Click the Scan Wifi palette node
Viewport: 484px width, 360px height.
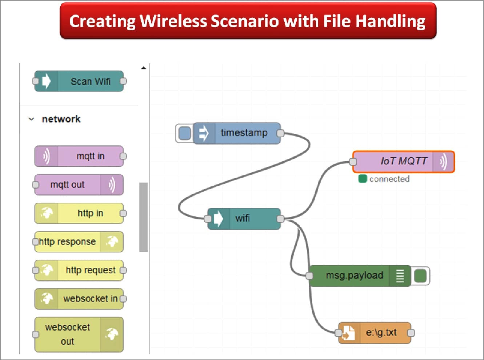[79, 81]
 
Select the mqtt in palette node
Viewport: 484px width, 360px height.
[79, 156]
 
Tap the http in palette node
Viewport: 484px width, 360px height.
[79, 213]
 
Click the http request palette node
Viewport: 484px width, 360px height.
[79, 270]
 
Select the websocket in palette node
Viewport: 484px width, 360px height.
[79, 299]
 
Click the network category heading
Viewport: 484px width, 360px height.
[61, 119]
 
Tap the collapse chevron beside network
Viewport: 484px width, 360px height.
[32, 119]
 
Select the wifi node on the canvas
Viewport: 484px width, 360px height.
[244, 219]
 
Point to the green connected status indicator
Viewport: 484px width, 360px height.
[362, 179]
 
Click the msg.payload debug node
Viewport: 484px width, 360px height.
[355, 276]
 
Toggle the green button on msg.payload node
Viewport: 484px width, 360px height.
[420, 276]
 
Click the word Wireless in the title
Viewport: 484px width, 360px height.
[173, 21]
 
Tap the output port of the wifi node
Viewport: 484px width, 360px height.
[280, 219]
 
